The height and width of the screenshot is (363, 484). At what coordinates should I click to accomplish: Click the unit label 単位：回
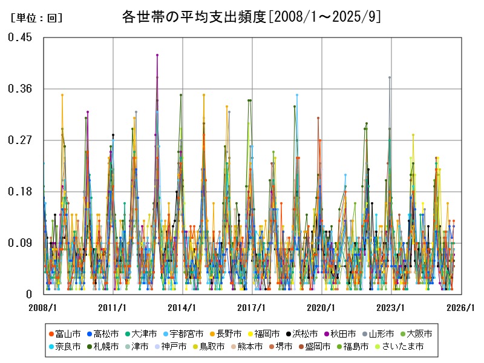click(x=36, y=18)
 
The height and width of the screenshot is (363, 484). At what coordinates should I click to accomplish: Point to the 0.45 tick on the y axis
click(x=20, y=38)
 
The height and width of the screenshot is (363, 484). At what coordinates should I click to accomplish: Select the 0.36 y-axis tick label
click(x=20, y=89)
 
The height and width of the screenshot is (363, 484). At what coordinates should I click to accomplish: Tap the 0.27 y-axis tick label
click(x=20, y=140)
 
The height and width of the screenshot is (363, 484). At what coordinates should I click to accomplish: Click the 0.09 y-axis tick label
click(x=20, y=243)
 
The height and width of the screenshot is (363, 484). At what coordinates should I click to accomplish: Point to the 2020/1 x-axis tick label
click(x=321, y=307)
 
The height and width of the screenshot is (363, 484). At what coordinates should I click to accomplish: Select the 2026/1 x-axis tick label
click(x=460, y=307)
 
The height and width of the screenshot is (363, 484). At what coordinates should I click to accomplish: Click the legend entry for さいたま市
click(x=402, y=347)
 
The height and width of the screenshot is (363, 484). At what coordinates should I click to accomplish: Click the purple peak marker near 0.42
click(x=157, y=55)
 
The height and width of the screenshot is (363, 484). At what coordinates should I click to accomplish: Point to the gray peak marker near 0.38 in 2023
click(x=390, y=77)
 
